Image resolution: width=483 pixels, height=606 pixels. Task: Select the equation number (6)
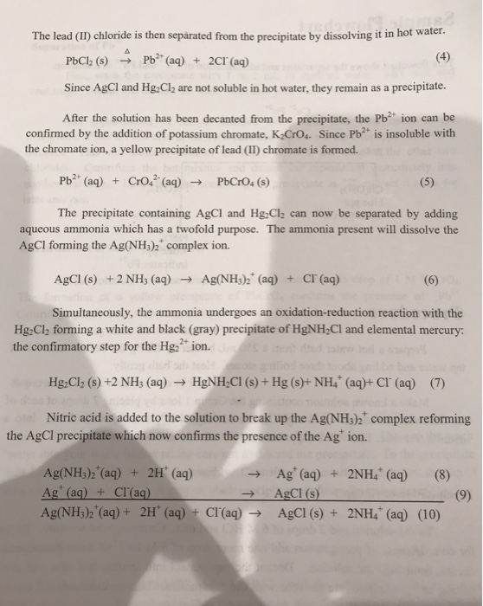coord(430,280)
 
